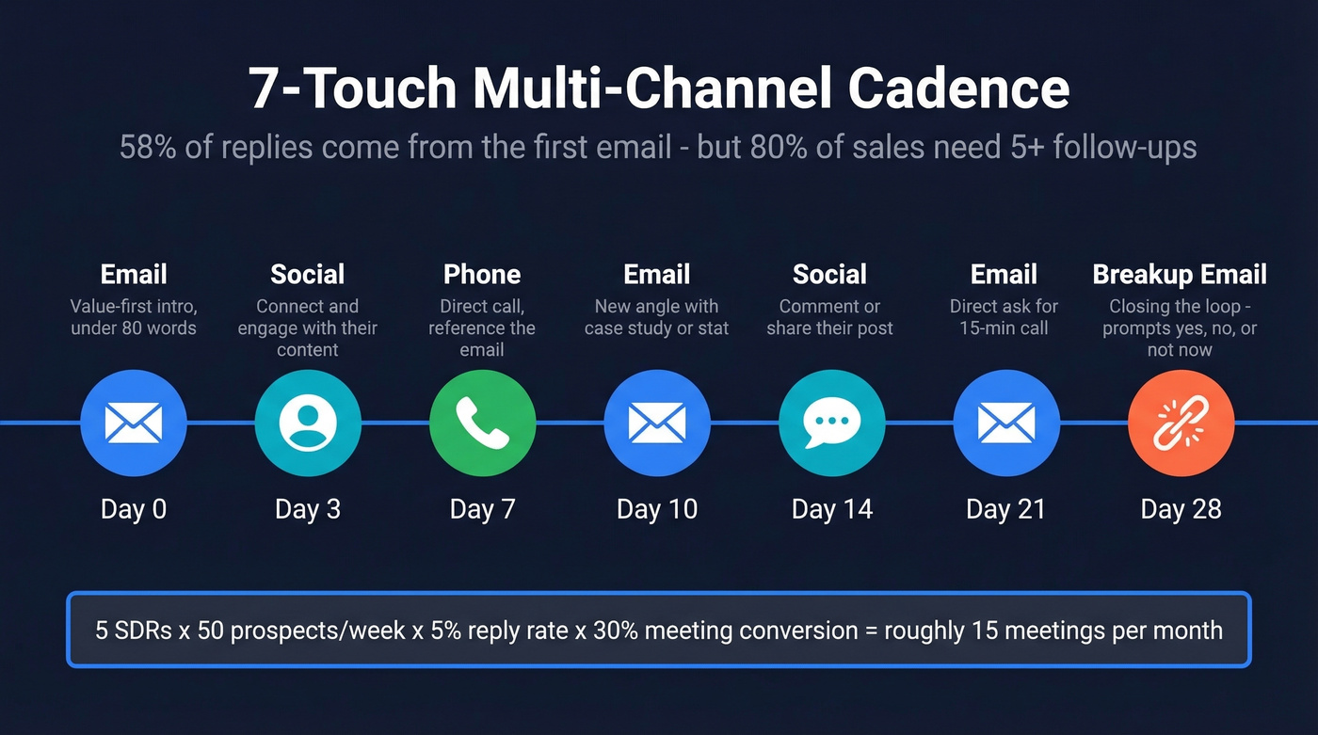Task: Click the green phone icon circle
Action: pyautogui.click(x=482, y=423)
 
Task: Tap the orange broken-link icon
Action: pyautogui.click(x=1181, y=423)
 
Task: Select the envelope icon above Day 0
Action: pyautogui.click(x=133, y=423)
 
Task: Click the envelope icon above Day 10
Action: pyautogui.click(x=656, y=423)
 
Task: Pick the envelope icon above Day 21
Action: pyautogui.click(x=1005, y=423)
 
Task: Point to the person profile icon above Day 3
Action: pyautogui.click(x=308, y=423)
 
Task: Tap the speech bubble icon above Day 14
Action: pyautogui.click(x=831, y=423)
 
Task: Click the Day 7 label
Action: pyautogui.click(x=482, y=509)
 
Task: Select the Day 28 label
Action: pyautogui.click(x=1181, y=509)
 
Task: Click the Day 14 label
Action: pyautogui.click(x=831, y=509)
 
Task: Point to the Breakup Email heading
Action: pyautogui.click(x=1180, y=274)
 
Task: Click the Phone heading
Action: pyautogui.click(x=482, y=274)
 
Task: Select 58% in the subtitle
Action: pyautogui.click(x=148, y=147)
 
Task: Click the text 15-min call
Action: pyautogui.click(x=1005, y=328)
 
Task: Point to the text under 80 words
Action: pyautogui.click(x=133, y=328)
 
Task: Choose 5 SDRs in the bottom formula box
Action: pyautogui.click(x=130, y=630)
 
